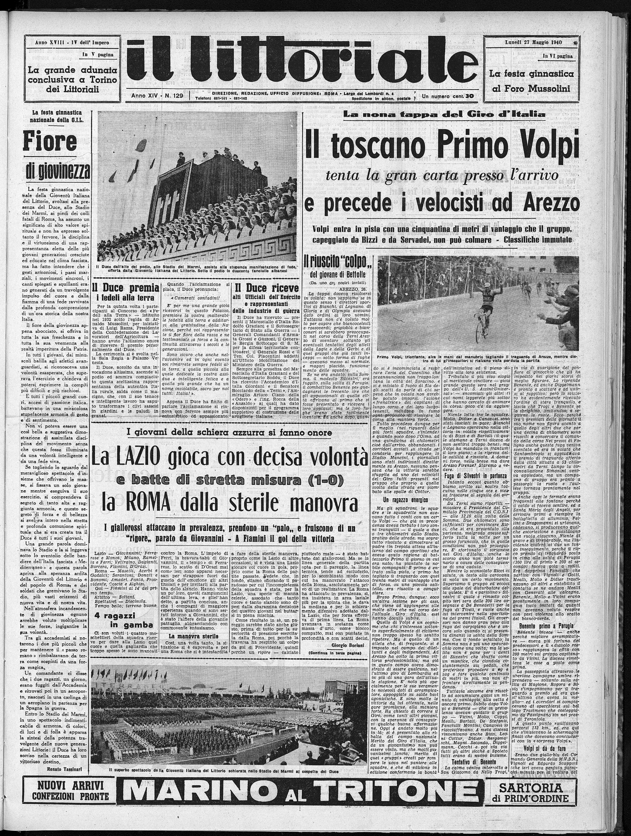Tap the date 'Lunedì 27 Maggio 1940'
click(x=528, y=42)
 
